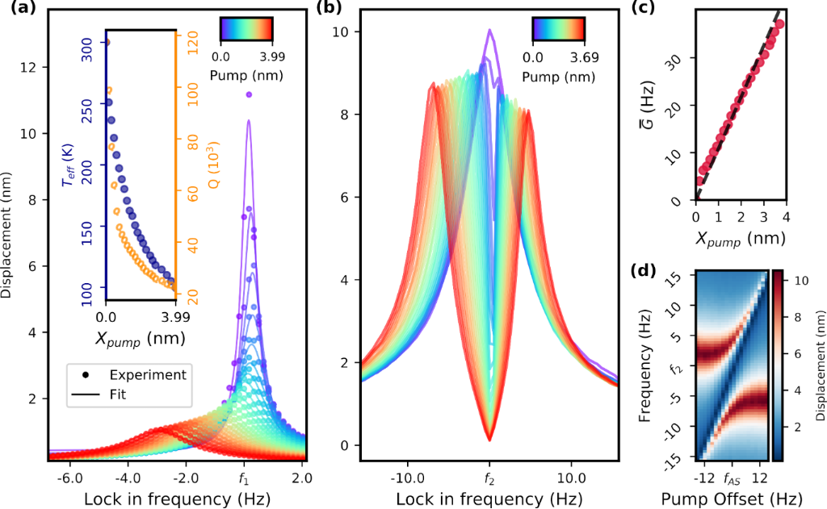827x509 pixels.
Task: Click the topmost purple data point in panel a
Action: point(249,95)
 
